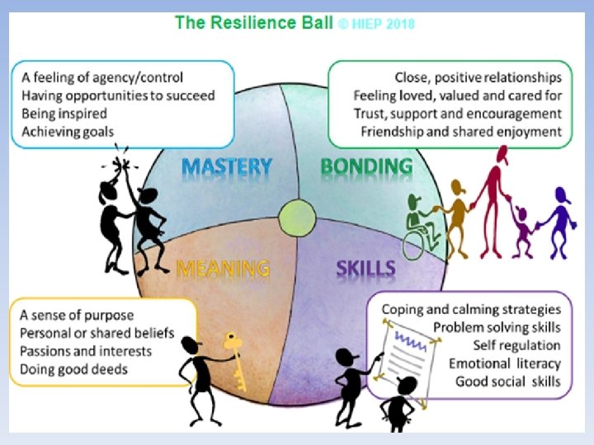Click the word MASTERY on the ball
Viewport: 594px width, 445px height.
coord(226,167)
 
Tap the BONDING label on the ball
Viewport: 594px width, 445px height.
coord(366,166)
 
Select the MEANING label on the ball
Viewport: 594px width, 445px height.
coord(223,269)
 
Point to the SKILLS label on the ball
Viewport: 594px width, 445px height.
coord(365,269)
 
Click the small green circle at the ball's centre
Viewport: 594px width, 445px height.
coord(298,221)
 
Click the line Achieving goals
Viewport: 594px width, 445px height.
coord(68,131)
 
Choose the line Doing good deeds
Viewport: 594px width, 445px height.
coord(74,369)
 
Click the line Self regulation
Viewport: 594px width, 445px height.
coord(516,345)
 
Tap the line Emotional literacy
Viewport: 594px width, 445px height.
coord(505,363)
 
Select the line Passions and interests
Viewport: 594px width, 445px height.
coord(87,351)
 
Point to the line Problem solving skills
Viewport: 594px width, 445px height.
coord(497,327)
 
